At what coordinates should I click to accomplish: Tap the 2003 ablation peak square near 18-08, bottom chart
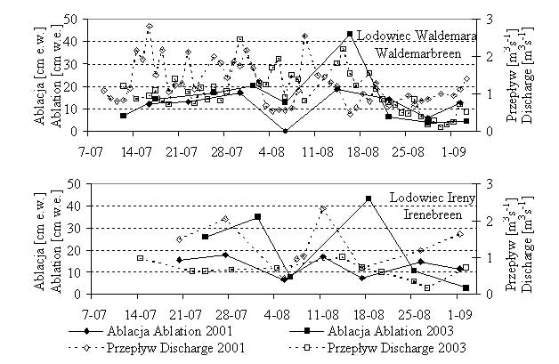[x=369, y=198]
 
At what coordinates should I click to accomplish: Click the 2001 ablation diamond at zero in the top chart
[x=285, y=130]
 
